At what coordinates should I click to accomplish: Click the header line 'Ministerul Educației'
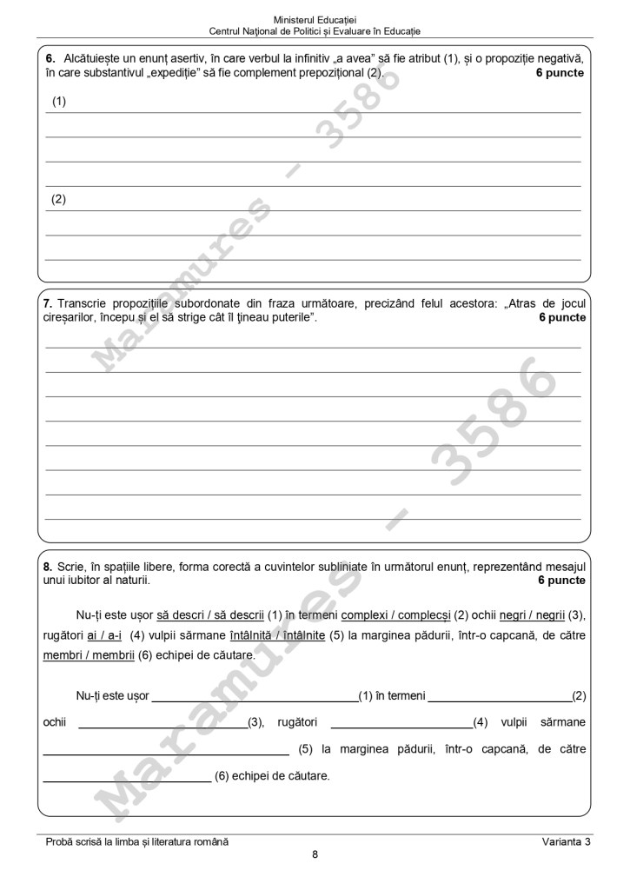tap(315, 18)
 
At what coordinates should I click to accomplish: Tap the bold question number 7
tap(48, 303)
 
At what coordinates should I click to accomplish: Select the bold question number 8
tap(48, 567)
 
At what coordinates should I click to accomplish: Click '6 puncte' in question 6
tap(560, 73)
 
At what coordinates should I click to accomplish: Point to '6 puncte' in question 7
tap(561, 317)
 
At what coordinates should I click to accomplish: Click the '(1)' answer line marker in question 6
tap(59, 102)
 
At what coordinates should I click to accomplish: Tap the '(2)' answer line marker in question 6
tap(59, 199)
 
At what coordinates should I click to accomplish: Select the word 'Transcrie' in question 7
tap(83, 303)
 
